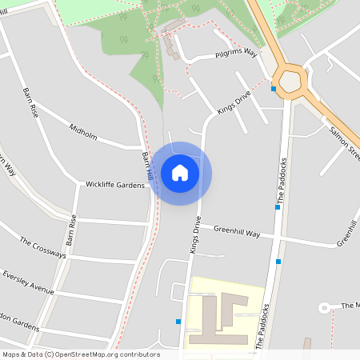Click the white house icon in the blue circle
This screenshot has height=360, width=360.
point(180,173)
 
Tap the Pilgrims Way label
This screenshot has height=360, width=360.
point(236,54)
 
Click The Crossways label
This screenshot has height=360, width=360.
point(43,248)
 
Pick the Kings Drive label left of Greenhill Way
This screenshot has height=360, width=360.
point(194,234)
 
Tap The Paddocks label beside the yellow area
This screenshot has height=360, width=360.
point(262,328)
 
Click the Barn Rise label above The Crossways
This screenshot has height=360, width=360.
point(71,229)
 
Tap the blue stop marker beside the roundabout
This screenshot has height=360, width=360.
point(274,89)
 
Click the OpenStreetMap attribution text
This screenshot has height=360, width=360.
point(80,354)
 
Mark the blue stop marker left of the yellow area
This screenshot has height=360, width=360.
point(178,322)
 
